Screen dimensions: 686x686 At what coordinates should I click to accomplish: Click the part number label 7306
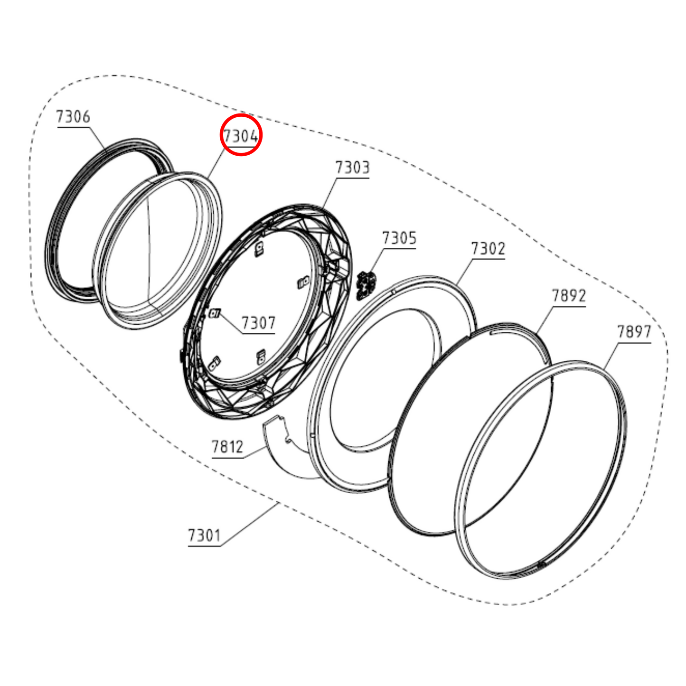[73, 117]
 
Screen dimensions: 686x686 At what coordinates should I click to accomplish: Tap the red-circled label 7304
[241, 136]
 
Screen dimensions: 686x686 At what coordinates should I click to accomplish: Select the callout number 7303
[353, 167]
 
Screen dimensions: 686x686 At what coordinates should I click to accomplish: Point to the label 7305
[399, 237]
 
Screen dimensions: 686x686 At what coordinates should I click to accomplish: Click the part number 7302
[488, 248]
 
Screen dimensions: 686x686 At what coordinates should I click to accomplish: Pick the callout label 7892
[569, 295]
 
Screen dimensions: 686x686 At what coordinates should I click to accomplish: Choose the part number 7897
[634, 332]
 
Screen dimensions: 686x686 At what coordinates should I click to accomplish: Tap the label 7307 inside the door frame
[258, 323]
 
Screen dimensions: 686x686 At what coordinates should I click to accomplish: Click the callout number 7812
[227, 446]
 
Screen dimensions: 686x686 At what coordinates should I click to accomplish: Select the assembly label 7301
[204, 535]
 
